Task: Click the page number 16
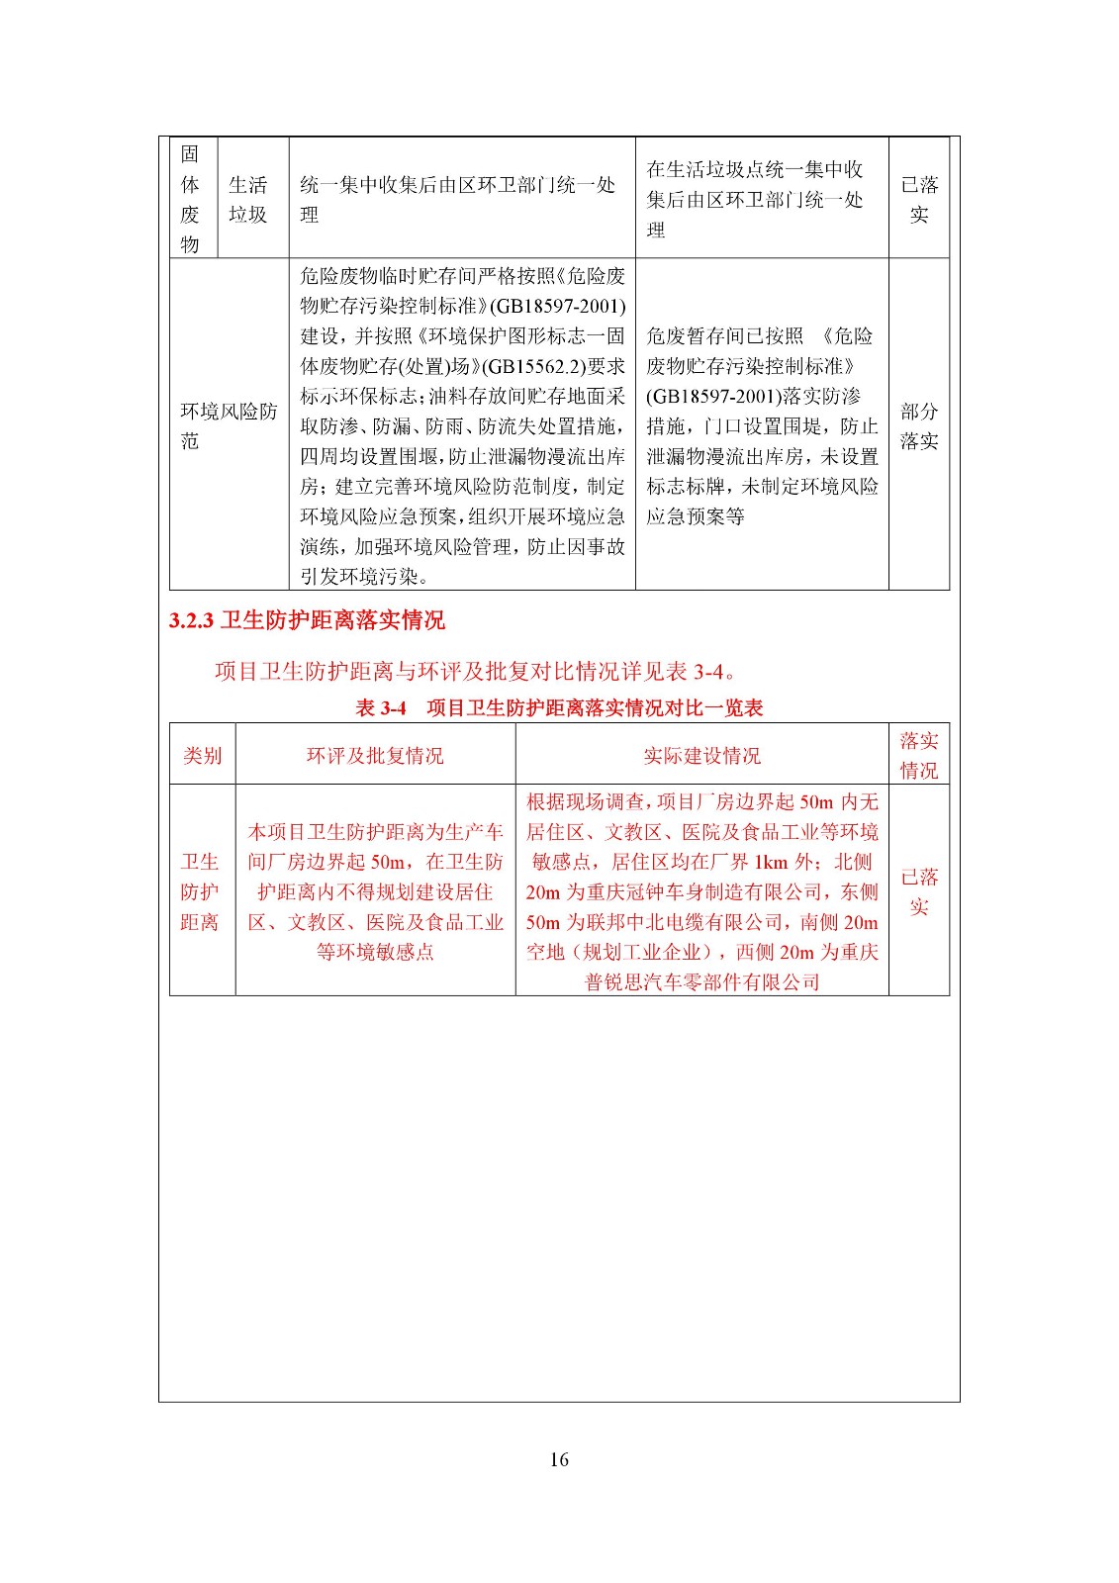[x=559, y=1459]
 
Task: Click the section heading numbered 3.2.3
[x=307, y=620]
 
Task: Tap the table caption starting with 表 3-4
[x=559, y=707]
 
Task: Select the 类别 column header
[x=202, y=756]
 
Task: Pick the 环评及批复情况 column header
[x=375, y=756]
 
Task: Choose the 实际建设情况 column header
[x=701, y=756]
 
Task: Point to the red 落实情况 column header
[x=918, y=755]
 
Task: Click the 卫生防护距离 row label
[x=199, y=891]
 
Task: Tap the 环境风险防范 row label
[x=229, y=425]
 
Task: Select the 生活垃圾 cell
[x=247, y=199]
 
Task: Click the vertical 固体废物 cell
[x=190, y=199]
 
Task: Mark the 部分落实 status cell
[x=918, y=425]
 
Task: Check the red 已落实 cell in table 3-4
[x=918, y=891]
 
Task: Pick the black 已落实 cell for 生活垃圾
[x=918, y=199]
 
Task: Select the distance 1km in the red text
[x=771, y=862]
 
